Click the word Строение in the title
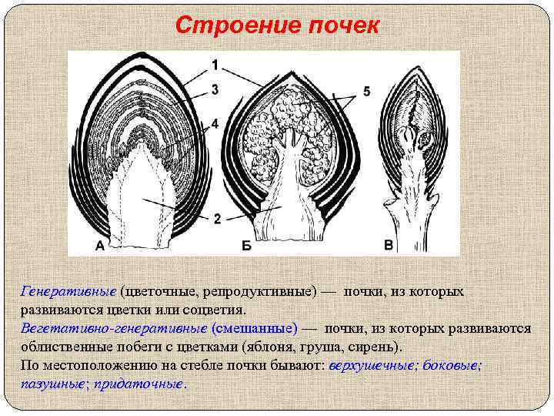(237, 26)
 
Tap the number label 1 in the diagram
(215, 63)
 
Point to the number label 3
(215, 90)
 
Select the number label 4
(215, 122)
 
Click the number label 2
(218, 219)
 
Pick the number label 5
(366, 92)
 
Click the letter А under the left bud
(100, 246)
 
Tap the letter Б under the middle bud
(246, 246)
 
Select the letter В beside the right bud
(389, 246)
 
